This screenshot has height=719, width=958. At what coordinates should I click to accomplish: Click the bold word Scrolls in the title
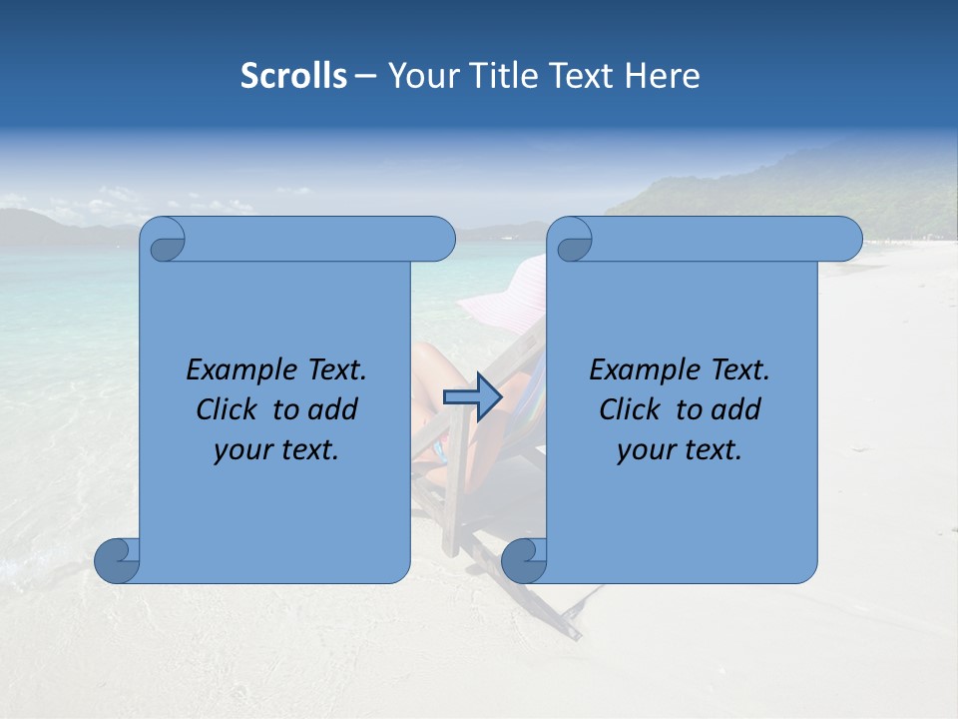tap(293, 76)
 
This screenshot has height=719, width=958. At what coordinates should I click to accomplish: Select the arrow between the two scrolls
tap(472, 396)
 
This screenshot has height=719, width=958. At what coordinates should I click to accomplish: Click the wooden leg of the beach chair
tap(454, 519)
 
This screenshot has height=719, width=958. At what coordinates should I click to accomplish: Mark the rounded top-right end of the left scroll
tap(439, 240)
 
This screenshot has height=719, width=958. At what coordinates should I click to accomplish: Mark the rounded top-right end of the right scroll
tap(846, 240)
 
